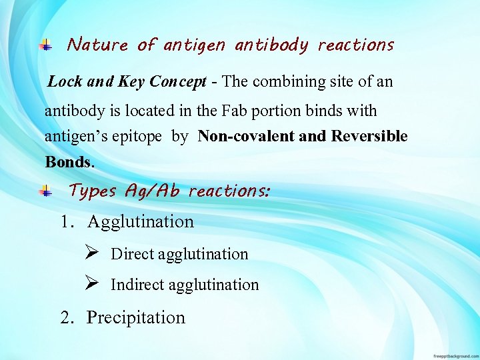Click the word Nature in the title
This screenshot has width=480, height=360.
97,45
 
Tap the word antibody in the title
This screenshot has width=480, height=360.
271,46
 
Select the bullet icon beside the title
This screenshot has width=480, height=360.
45,45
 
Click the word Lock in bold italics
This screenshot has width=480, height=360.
65,82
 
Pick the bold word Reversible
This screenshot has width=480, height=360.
369,137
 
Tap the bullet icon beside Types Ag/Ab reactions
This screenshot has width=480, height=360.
45,191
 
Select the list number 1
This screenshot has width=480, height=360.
65,222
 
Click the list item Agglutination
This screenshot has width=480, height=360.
140,222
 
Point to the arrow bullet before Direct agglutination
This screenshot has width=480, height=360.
92,253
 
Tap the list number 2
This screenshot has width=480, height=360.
65,318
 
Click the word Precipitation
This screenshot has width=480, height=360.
136,318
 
